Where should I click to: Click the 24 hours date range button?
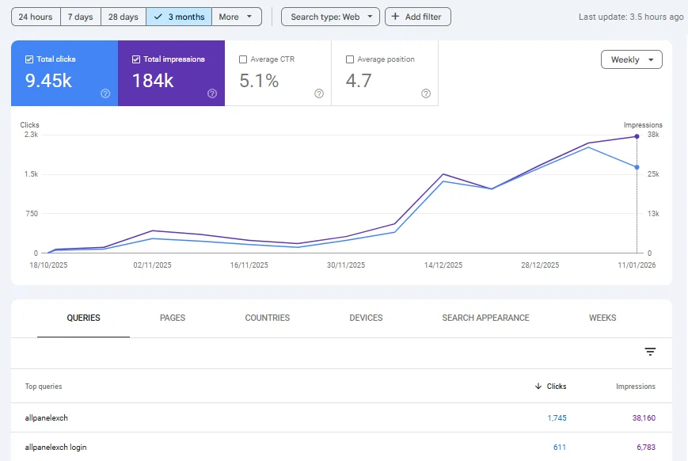point(36,17)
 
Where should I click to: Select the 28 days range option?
point(124,17)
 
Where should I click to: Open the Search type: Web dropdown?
point(330,17)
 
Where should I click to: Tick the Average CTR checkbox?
point(243,59)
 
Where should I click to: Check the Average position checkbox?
point(350,59)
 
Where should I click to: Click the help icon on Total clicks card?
point(105,93)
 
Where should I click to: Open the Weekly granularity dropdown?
point(632,59)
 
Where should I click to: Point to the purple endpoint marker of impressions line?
point(637,136)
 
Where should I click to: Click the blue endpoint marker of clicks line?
point(637,167)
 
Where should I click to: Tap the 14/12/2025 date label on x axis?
point(443,265)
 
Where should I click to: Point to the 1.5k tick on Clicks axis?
point(31,174)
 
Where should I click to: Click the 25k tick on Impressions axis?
point(653,174)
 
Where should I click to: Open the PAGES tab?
point(173,318)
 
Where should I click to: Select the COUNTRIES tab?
point(268,318)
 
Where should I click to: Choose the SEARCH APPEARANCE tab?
point(486,318)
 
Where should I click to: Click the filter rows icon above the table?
point(650,352)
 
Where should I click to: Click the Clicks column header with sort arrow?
point(551,387)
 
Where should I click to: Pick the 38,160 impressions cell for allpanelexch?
point(644,418)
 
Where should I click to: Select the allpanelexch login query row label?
point(55,448)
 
